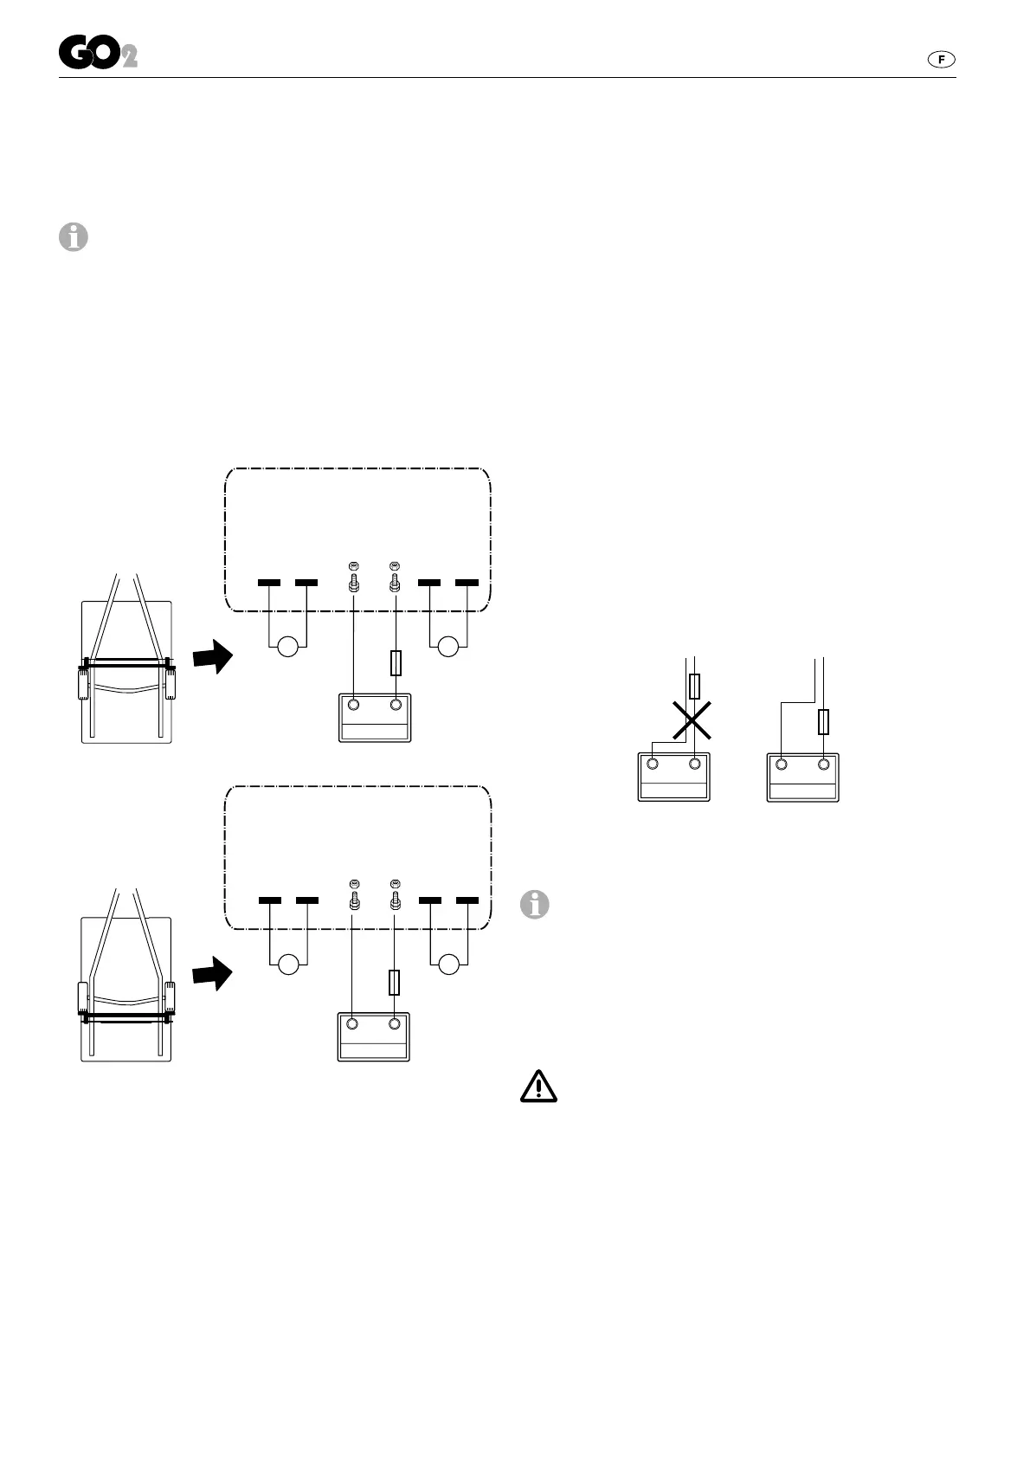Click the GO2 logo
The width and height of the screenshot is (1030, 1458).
(x=98, y=55)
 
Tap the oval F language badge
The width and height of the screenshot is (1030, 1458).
(x=941, y=59)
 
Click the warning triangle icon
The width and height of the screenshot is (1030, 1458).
(x=538, y=1086)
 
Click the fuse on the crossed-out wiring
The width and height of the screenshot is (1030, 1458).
(x=694, y=686)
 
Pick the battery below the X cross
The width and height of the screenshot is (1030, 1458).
(x=673, y=776)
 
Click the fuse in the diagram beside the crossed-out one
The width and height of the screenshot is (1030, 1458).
(x=823, y=721)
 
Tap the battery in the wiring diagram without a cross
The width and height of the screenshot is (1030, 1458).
(x=802, y=776)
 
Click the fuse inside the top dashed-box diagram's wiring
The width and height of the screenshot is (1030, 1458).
(x=396, y=663)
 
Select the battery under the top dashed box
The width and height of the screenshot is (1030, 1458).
(x=374, y=717)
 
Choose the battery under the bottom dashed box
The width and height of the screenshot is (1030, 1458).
(x=373, y=1036)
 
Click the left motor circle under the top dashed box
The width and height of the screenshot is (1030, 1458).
(x=287, y=646)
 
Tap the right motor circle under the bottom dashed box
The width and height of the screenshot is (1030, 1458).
(x=448, y=964)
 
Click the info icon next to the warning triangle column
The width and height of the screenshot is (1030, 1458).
(x=535, y=905)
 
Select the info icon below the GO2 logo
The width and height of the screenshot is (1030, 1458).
(x=74, y=236)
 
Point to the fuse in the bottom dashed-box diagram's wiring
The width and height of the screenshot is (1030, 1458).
(x=395, y=982)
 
